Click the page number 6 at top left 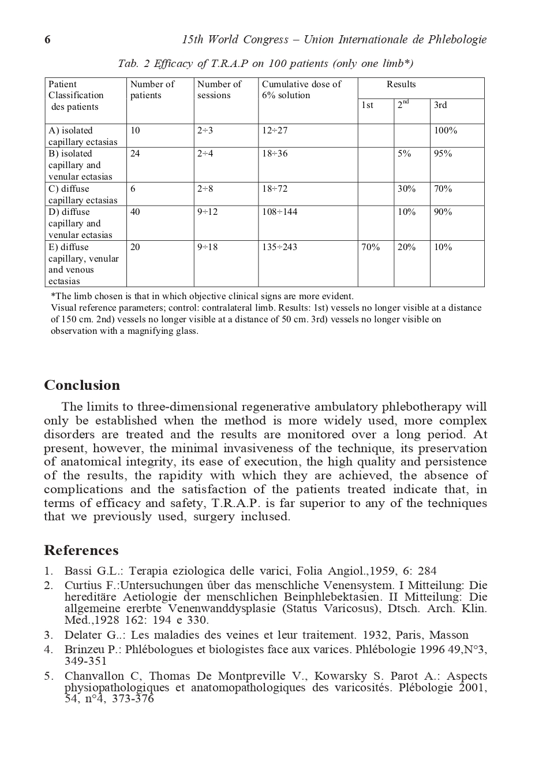pos(47,40)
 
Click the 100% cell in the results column pos(445,131)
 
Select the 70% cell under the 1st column pos(371,247)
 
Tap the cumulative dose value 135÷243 pos(279,247)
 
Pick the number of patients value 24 pos(135,154)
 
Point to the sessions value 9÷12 pos(207,212)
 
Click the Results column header pos(401,84)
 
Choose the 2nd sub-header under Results pos(403,105)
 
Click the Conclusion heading pos(82,385)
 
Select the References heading pos(81,550)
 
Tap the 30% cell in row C pos(406,189)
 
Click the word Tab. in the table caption pos(128,64)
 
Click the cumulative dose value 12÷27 pos(274,131)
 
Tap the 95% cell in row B pos(443,154)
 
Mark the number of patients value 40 pos(135,212)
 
